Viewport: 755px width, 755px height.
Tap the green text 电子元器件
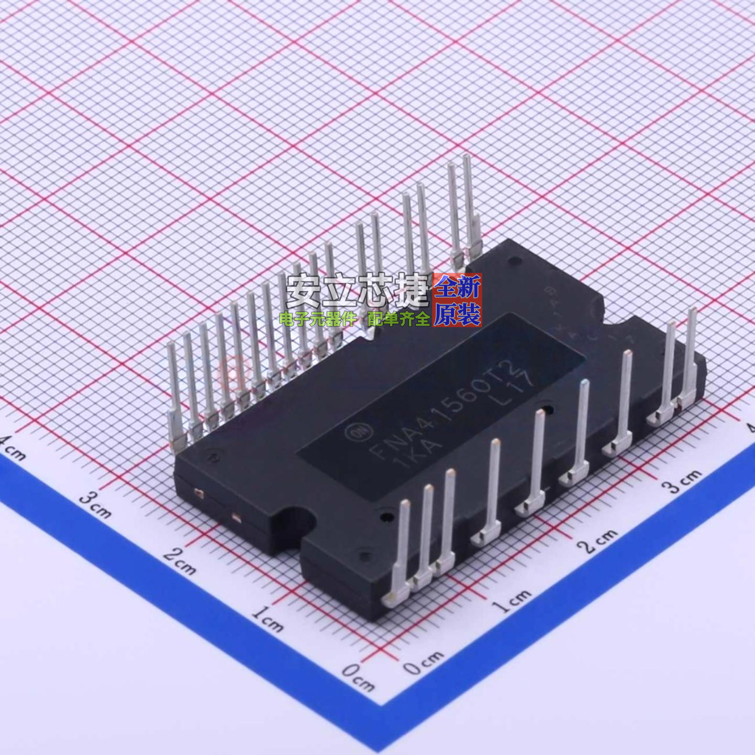pos(318,318)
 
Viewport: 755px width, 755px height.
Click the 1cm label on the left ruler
pos(267,618)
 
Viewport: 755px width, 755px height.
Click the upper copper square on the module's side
pos(198,492)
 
